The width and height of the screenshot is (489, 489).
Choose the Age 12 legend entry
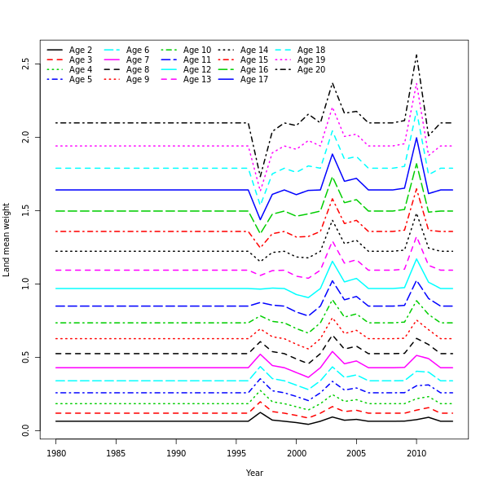point(196,70)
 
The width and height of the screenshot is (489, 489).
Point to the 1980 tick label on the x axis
point(56,452)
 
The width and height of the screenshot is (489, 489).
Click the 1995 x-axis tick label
point(236,452)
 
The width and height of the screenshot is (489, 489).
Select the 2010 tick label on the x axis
point(416,452)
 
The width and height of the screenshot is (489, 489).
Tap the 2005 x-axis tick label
point(356,452)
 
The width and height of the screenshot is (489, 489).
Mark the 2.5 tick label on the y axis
point(26,64)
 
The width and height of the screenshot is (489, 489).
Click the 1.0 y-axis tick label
point(26,284)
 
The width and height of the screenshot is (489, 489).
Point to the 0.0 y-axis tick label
point(26,430)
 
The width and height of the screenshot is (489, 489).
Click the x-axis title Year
point(254,473)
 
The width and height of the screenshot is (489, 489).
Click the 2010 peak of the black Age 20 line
point(416,55)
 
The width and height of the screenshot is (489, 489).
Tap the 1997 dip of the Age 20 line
point(260,177)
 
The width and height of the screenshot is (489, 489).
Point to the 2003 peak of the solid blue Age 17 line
point(333,153)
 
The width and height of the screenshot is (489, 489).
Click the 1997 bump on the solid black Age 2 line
point(260,412)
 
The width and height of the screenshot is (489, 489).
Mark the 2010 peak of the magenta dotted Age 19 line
point(416,81)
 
